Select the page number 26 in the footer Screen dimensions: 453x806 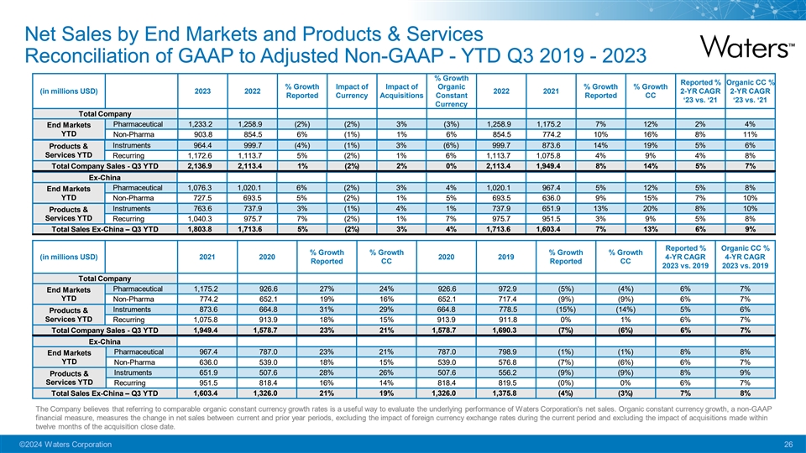coord(788,444)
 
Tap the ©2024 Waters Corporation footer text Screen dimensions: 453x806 coord(64,444)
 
